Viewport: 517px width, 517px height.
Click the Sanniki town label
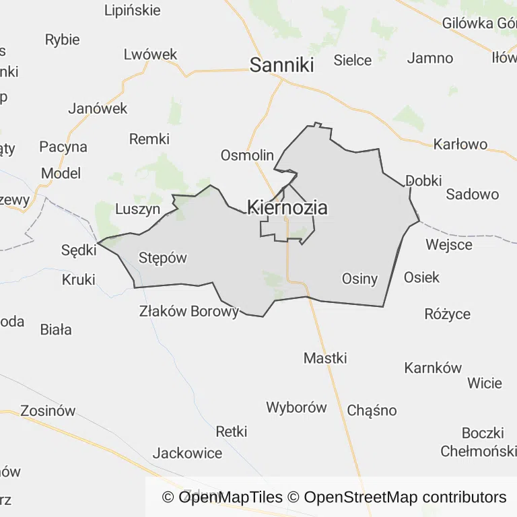coord(282,65)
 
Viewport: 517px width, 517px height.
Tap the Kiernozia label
coord(287,207)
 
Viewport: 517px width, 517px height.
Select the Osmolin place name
coord(247,156)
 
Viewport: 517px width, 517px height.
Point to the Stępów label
coord(162,258)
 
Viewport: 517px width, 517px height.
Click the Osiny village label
coord(359,279)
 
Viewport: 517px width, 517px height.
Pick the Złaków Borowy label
coord(189,312)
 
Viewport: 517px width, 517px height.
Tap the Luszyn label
coord(138,209)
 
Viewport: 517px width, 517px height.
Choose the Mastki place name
coord(325,358)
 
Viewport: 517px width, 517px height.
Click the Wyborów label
coord(296,407)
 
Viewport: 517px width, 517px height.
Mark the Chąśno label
coord(372,411)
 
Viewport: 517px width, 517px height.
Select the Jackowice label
coord(187,453)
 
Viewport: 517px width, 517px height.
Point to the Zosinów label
coord(48,411)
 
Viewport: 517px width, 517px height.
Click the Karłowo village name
coord(460,145)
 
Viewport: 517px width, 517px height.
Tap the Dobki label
coord(423,180)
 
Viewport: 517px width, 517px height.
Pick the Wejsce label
coord(449,244)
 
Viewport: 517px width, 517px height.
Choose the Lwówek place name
coord(150,55)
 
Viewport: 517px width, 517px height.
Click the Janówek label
coord(98,108)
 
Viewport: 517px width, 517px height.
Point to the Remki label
coord(149,139)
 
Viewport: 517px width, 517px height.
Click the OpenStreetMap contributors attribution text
coord(405,497)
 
